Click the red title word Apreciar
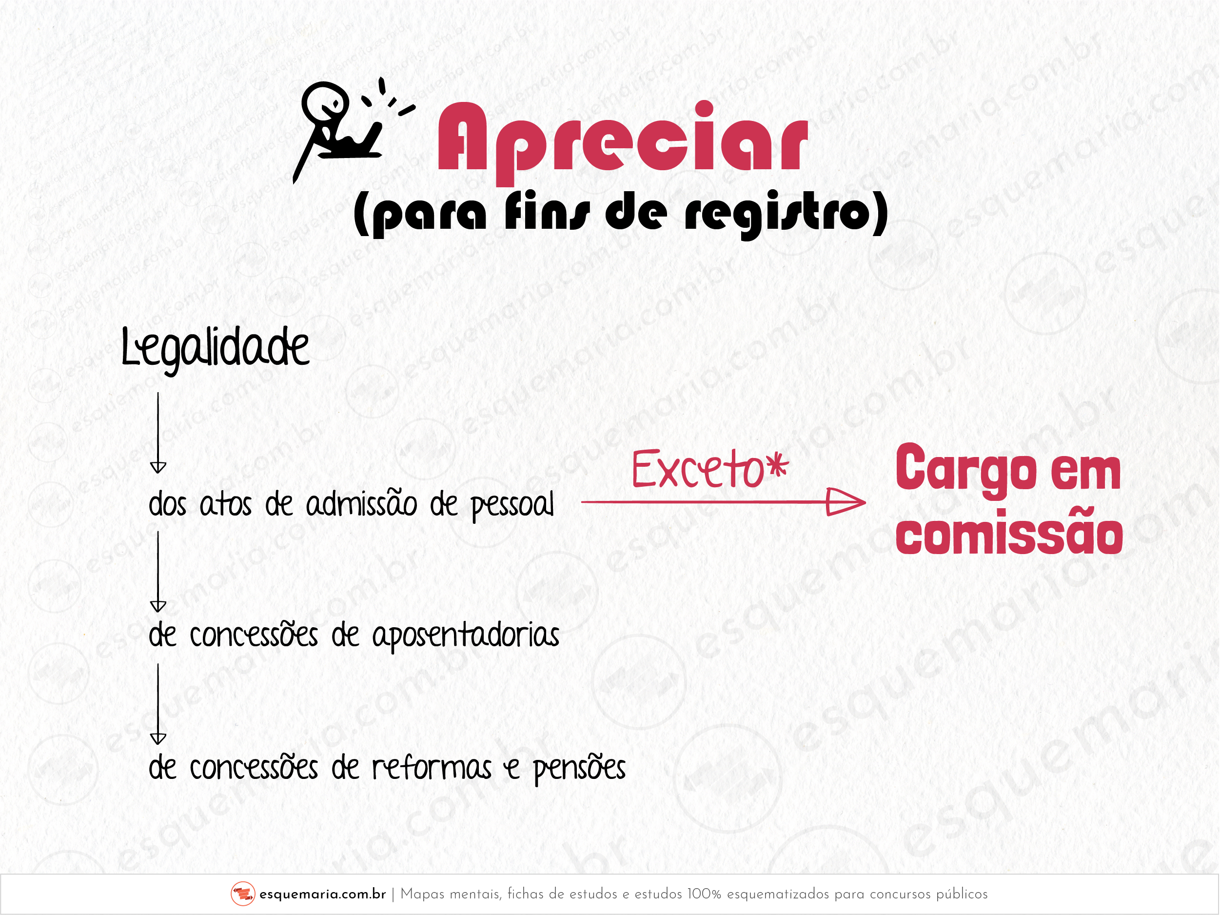coord(622,138)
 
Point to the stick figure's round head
coord(324,102)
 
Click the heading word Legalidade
coord(215,347)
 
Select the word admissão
coord(361,505)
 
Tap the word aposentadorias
coord(466,636)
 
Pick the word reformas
coord(432,767)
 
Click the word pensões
coord(579,768)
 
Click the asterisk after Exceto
coord(779,467)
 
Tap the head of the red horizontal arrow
coord(846,502)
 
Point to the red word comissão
coord(1009,535)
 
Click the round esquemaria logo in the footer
coord(243,894)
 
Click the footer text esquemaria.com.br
coord(322,894)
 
